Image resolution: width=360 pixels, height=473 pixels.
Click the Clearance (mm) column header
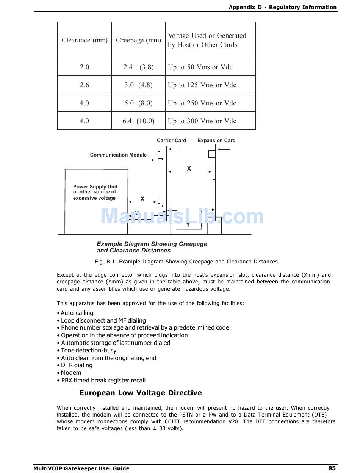[x=85, y=40]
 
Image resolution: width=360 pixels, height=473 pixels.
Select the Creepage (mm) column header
[x=138, y=40]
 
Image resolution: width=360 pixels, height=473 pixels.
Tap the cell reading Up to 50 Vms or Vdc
[x=200, y=67]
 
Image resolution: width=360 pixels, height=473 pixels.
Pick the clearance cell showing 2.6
[x=85, y=85]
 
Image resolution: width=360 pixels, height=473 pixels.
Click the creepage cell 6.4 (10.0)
[x=138, y=121]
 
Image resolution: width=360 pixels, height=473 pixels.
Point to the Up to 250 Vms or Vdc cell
[x=202, y=103]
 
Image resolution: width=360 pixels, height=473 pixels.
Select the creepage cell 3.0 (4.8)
[x=138, y=85]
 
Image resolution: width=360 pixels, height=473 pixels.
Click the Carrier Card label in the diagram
[x=171, y=141]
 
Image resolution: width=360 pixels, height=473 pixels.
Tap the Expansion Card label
[x=216, y=141]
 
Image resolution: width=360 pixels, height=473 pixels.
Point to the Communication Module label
[x=118, y=155]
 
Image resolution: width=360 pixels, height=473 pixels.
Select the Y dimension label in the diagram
[x=188, y=225]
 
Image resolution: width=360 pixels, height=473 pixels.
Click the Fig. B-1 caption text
[x=186, y=262]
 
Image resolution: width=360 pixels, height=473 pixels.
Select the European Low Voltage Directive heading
[x=141, y=393]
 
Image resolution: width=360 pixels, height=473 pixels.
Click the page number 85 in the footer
[x=332, y=468]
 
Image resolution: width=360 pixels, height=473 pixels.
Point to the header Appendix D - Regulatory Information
[x=282, y=7]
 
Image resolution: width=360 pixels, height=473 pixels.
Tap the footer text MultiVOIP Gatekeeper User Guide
[x=81, y=468]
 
